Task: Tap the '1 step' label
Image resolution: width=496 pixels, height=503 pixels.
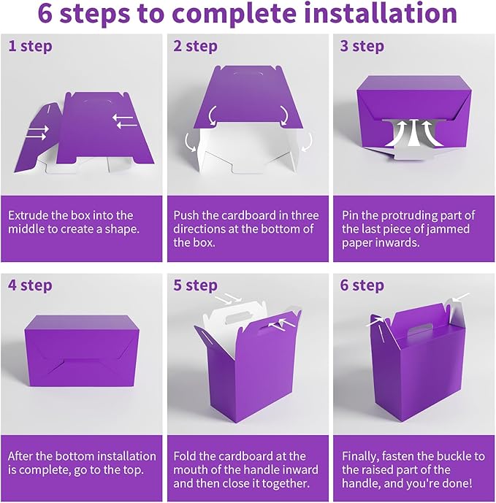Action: pyautogui.click(x=30, y=46)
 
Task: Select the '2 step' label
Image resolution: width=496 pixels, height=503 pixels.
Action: pyautogui.click(x=196, y=46)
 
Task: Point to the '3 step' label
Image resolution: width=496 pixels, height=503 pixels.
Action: pyautogui.click(x=362, y=46)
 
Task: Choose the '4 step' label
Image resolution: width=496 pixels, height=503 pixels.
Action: pyautogui.click(x=31, y=284)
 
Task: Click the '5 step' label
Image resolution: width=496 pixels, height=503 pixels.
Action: pyautogui.click(x=196, y=285)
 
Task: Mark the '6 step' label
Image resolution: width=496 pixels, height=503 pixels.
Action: pyautogui.click(x=362, y=285)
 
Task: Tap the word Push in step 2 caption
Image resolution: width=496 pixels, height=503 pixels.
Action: pyautogui.click(x=187, y=215)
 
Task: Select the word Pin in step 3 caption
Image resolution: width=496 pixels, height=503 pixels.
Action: pyautogui.click(x=351, y=215)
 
